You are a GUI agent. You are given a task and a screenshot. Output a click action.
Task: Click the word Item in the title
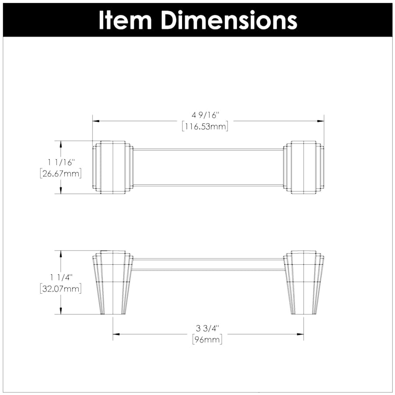125,20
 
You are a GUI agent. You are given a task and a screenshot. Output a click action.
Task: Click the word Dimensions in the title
229,20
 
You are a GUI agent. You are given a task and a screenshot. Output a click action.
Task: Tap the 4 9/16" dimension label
205,115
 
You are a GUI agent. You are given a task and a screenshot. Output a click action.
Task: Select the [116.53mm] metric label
205,126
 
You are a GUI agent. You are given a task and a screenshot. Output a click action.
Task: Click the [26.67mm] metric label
61,173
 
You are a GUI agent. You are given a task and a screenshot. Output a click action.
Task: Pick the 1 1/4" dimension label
61,277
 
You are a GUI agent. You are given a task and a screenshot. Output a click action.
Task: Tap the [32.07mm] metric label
61,289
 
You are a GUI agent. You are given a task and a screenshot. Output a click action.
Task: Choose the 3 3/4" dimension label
207,328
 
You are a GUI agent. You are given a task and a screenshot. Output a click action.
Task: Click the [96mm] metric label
207,340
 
